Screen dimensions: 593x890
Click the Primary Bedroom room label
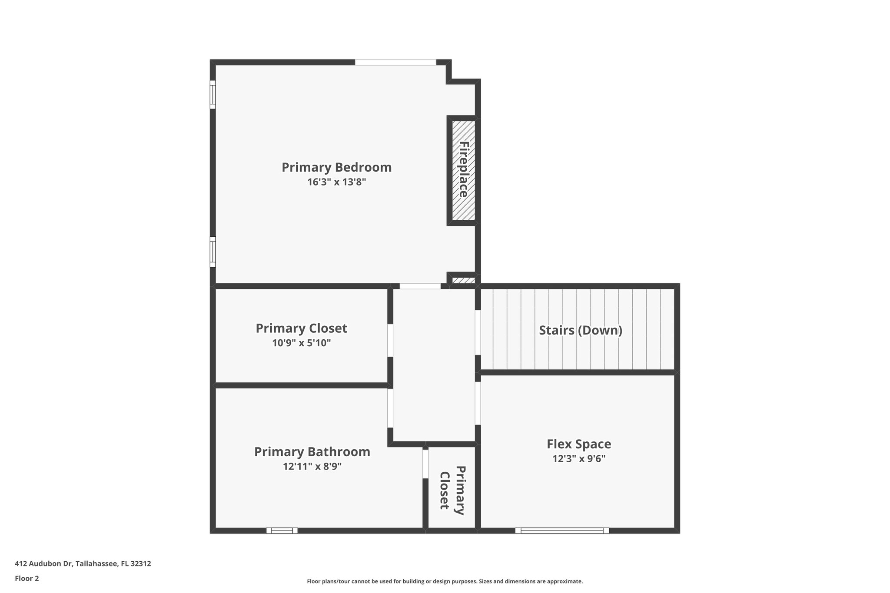[336, 167]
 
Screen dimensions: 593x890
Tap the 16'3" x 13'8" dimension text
[336, 182]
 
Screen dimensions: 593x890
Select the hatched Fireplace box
[463, 170]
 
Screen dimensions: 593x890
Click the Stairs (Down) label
[580, 330]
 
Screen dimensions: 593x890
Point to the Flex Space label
[578, 444]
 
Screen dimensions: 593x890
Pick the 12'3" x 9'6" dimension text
[578, 459]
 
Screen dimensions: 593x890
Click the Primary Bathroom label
[312, 452]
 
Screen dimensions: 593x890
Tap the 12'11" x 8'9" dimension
[312, 467]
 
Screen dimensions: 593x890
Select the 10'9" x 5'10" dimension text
[301, 343]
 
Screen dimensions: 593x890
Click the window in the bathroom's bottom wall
[282, 530]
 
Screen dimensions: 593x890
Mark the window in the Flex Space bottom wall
[562, 530]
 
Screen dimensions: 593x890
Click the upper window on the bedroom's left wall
[213, 94]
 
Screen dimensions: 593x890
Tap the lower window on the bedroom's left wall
[213, 252]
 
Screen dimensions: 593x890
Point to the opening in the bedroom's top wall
[395, 63]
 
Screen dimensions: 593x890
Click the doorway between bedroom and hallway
[420, 286]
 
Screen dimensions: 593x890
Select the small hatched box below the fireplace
[463, 281]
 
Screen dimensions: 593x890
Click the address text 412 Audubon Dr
[83, 564]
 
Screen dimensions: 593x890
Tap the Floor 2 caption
[27, 578]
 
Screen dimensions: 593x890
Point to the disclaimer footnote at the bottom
[445, 581]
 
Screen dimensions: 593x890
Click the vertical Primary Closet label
[452, 490]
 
